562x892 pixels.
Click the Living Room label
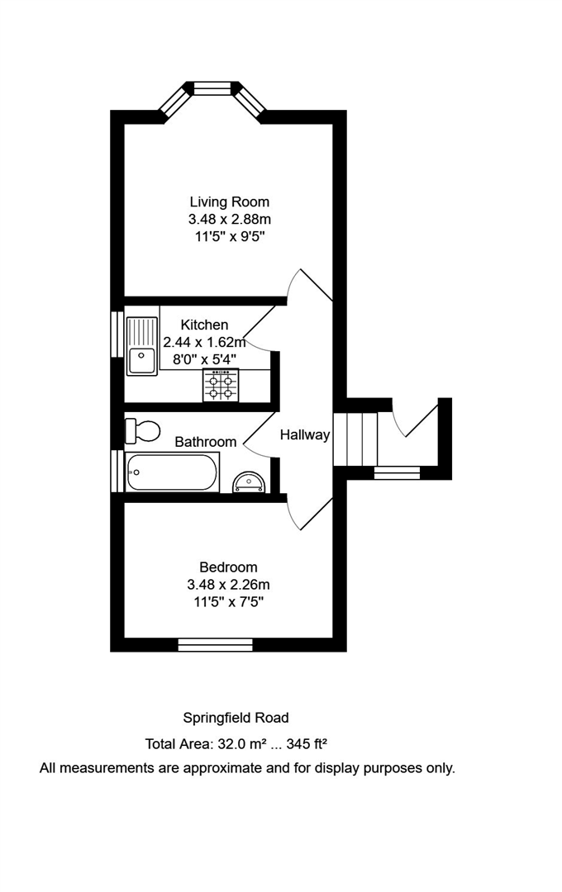click(230, 202)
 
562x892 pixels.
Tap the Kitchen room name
click(205, 325)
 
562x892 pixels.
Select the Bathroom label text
click(206, 442)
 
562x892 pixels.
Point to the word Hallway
click(305, 434)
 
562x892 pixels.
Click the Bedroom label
click(228, 567)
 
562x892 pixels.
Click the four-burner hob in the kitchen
click(221, 385)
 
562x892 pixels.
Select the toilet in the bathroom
click(141, 430)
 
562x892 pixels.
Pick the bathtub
click(172, 472)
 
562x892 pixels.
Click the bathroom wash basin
click(249, 481)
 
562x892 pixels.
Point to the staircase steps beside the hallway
click(355, 438)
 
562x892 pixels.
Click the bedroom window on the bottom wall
click(215, 644)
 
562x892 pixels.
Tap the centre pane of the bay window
click(212, 86)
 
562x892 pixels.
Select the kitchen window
click(117, 333)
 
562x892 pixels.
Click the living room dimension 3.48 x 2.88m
click(230, 220)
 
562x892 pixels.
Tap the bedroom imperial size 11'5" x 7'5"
click(228, 602)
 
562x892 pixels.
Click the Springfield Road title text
click(236, 718)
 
